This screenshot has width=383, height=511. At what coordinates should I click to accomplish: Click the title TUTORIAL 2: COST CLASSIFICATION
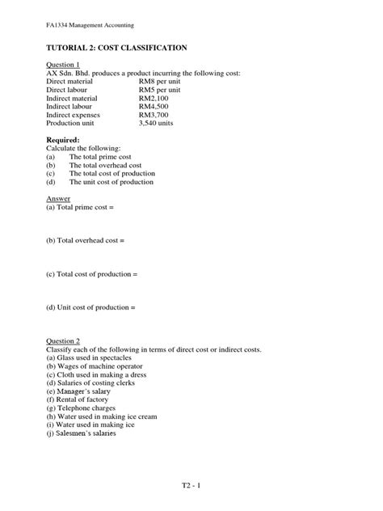(116, 49)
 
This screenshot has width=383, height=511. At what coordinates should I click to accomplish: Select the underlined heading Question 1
(63, 65)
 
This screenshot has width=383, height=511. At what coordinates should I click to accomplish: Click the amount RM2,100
(154, 99)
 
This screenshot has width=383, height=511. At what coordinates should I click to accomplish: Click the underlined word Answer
(58, 198)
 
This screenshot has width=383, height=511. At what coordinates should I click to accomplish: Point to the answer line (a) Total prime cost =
(81, 208)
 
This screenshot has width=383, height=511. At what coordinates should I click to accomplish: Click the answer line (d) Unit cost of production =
(90, 307)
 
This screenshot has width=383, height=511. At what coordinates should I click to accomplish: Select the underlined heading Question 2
(63, 341)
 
